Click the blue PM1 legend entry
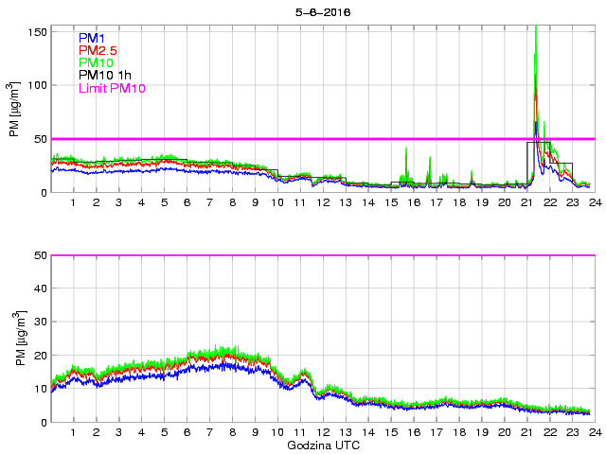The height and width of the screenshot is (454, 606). click(x=91, y=38)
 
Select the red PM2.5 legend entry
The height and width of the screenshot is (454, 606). click(x=97, y=50)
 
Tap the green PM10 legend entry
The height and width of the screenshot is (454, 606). click(x=95, y=62)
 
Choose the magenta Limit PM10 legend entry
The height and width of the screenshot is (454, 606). click(x=112, y=88)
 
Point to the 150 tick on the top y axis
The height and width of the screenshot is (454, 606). click(x=38, y=31)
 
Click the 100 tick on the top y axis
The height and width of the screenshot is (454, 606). click(x=38, y=85)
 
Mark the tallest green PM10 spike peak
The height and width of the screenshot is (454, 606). click(x=536, y=27)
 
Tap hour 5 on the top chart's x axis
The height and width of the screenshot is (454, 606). click(x=164, y=202)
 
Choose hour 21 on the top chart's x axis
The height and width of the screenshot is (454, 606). click(x=526, y=202)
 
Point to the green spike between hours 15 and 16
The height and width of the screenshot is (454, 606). click(x=406, y=148)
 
